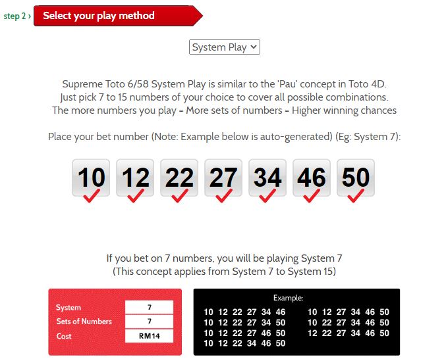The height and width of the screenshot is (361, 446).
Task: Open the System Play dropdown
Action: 225,47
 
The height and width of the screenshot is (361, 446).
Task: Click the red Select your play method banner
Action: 118,16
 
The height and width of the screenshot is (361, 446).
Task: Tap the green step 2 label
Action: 17,16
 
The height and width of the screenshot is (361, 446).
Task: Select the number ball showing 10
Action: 91,178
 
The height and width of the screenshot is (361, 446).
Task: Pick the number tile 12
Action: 135,178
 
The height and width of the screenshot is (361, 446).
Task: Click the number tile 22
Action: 179,178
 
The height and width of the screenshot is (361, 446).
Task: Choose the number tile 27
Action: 223,178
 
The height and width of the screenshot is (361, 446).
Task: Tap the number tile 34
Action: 267,178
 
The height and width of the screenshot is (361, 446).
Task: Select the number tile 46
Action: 312,178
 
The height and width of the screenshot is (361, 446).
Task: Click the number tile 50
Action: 356,178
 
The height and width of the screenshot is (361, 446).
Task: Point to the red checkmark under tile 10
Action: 91,196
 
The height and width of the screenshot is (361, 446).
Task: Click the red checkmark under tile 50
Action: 355,196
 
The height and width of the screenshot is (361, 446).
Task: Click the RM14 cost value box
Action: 149,336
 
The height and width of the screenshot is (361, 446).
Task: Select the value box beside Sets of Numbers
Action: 149,322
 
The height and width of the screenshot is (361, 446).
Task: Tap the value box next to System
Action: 149,307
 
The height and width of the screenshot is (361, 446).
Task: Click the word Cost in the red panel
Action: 64,336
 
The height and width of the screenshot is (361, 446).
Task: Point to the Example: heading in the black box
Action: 288,298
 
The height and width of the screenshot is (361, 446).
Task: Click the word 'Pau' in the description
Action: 288,84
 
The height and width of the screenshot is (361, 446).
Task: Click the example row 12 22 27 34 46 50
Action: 348,333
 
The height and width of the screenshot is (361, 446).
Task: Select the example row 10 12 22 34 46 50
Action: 244,343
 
